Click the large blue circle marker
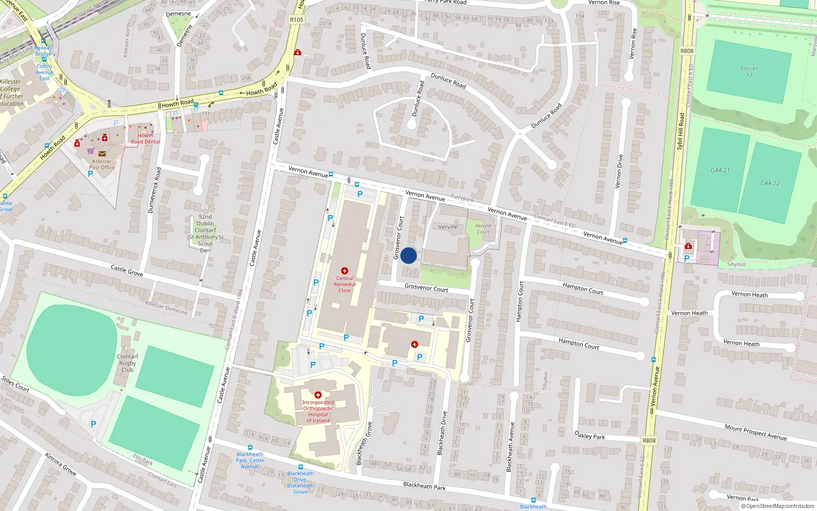tap(408, 255)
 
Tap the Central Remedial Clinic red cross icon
tap(345, 271)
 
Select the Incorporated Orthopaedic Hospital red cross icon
tap(318, 395)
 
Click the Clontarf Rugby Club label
tap(128, 363)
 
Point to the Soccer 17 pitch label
tap(749, 72)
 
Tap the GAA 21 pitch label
tap(720, 170)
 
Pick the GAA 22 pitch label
tap(770, 183)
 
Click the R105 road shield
tap(296, 19)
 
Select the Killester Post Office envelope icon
tap(102, 153)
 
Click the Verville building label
tap(448, 227)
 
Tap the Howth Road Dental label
tap(145, 138)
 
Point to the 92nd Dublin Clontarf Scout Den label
tap(205, 233)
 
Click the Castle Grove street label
tap(127, 270)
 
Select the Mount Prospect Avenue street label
tap(755, 432)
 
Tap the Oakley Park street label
tap(590, 435)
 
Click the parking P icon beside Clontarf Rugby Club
tap(93, 424)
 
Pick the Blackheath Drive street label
tap(442, 433)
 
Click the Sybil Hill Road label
tap(681, 131)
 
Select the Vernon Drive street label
tap(620, 171)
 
